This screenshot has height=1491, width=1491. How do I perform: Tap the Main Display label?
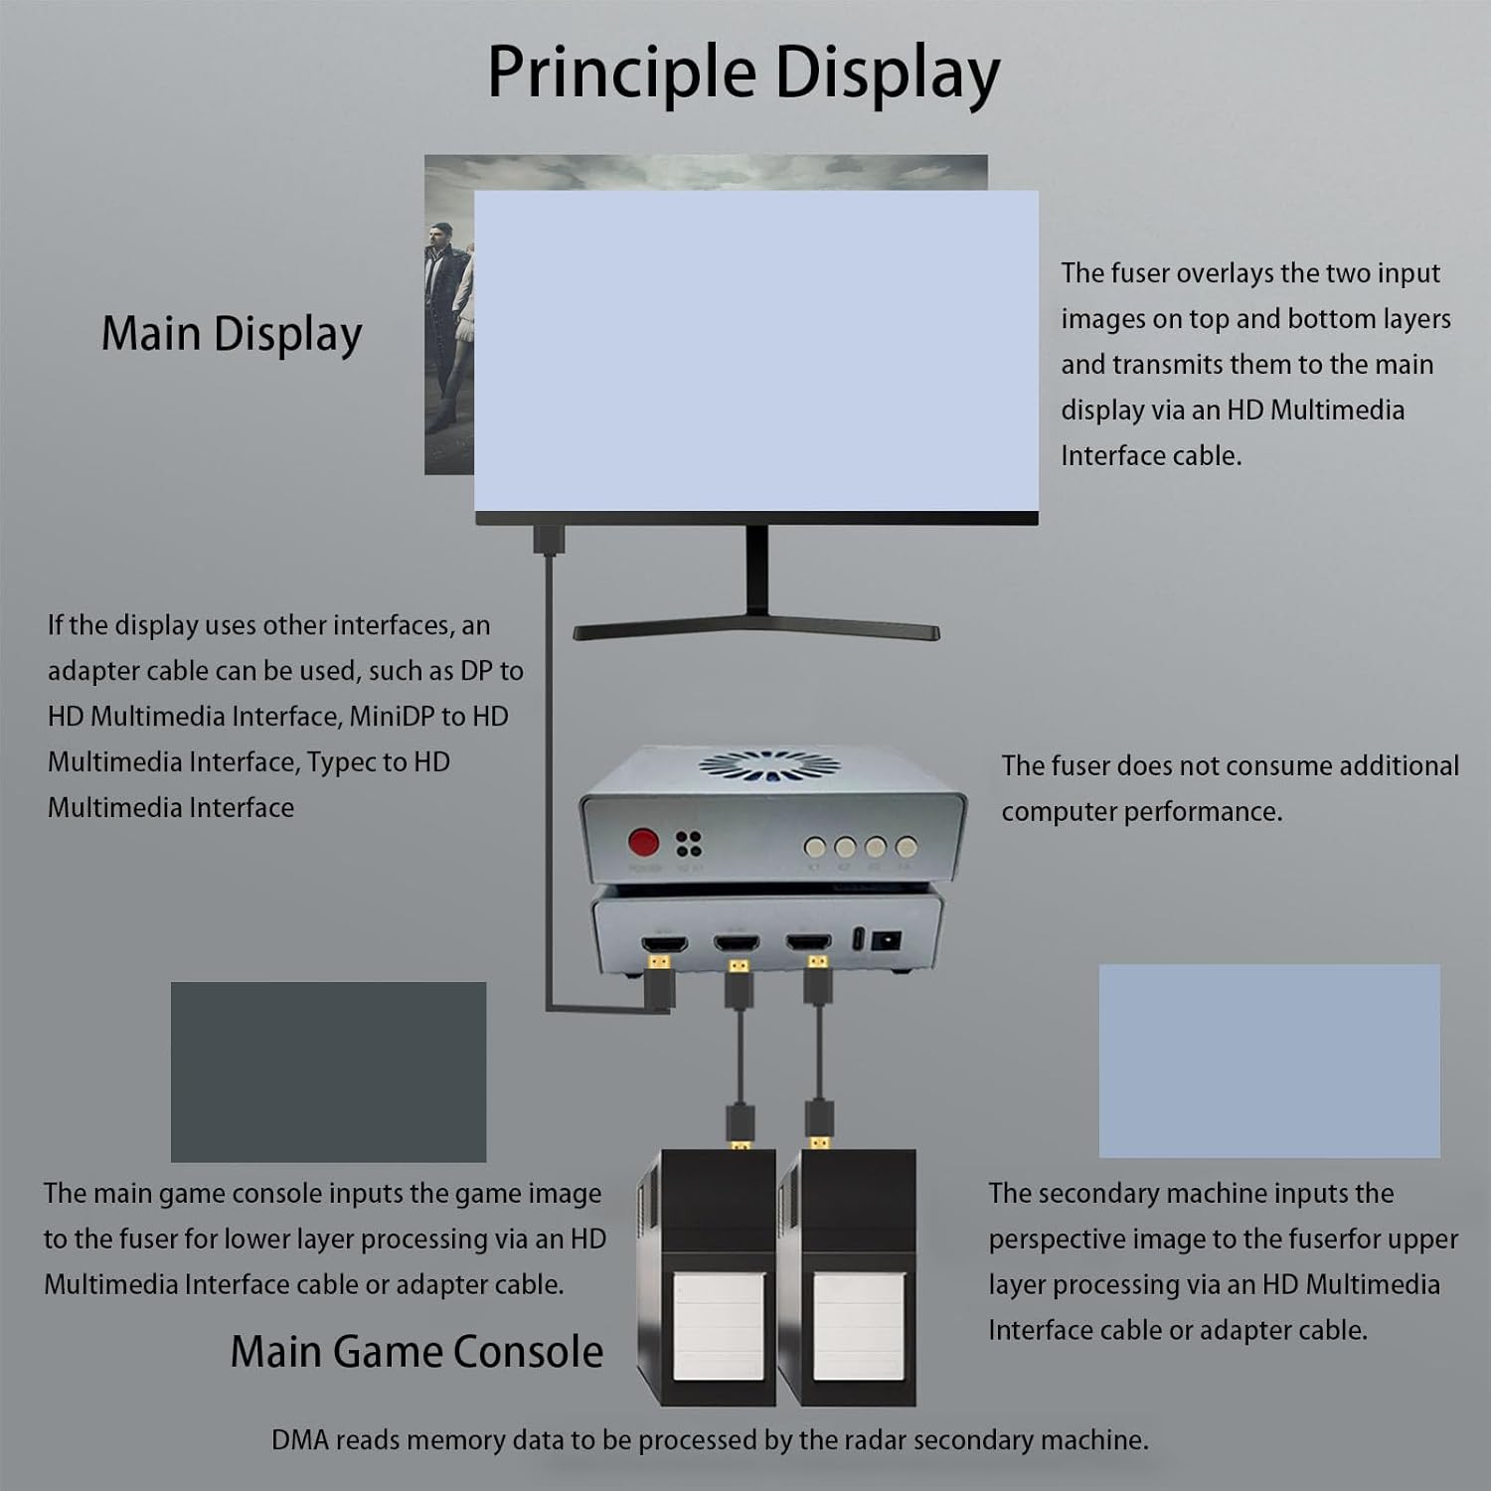click(232, 334)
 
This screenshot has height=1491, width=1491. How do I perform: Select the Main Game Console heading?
click(416, 1352)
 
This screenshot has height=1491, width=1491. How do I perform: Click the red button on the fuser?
click(644, 844)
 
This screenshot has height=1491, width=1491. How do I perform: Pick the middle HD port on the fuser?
click(736, 942)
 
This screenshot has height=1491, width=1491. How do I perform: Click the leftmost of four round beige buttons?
click(815, 847)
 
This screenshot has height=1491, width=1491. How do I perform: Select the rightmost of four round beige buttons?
click(906, 847)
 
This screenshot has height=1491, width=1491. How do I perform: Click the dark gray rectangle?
click(328, 1072)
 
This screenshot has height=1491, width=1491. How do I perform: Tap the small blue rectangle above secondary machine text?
click(1269, 1061)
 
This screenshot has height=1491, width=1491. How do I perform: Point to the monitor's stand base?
click(756, 630)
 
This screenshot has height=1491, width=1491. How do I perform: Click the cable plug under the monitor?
click(548, 540)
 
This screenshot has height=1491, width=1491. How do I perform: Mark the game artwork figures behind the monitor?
click(449, 328)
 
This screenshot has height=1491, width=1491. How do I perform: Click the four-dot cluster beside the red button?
click(689, 844)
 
